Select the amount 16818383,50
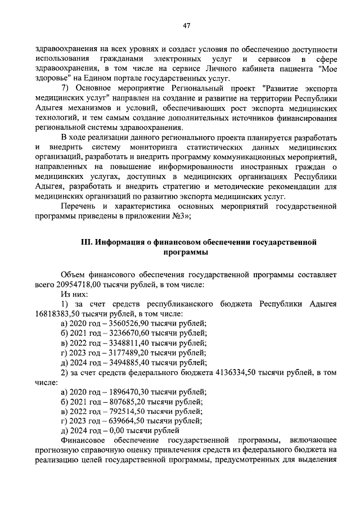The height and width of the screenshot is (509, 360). [x=58, y=313]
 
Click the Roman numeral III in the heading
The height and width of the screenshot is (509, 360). [x=87, y=242]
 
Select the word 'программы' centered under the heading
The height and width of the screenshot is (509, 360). [x=186, y=253]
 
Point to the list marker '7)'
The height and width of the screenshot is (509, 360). [x=65, y=89]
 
